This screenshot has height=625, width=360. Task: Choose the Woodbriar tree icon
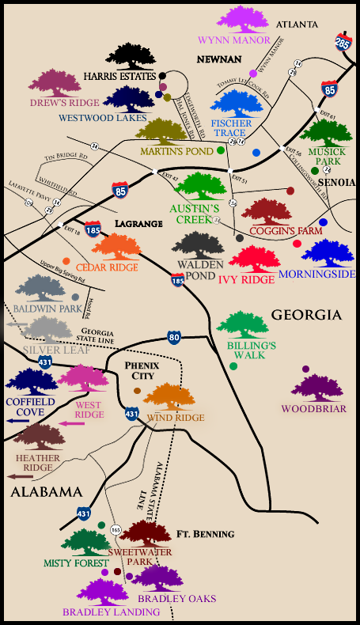319,388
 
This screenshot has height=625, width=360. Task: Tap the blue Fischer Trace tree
236,103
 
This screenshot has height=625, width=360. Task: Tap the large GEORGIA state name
306,315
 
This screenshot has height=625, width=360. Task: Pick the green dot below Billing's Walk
233,366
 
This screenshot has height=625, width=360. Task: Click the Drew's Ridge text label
63,103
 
